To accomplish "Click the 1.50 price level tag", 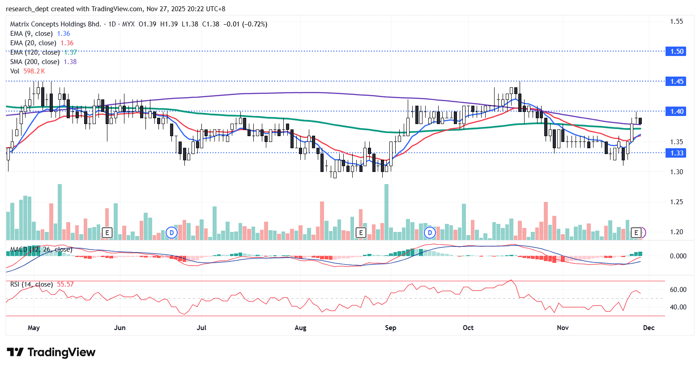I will pyautogui.click(x=677, y=51).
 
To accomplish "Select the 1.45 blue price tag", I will pyautogui.click(x=677, y=81).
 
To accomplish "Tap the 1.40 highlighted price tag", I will pyautogui.click(x=677, y=111).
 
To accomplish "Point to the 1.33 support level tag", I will pyautogui.click(x=677, y=153).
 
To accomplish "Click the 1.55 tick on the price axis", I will pyautogui.click(x=676, y=21).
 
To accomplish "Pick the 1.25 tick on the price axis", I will pyautogui.click(x=676, y=202).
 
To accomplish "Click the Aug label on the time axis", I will pyautogui.click(x=300, y=328).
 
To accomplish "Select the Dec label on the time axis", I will pyautogui.click(x=649, y=328).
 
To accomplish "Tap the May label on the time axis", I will pyautogui.click(x=34, y=328).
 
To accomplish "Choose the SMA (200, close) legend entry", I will pyautogui.click(x=34, y=62).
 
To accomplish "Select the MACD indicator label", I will pyautogui.click(x=41, y=249).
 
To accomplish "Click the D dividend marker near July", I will pyautogui.click(x=171, y=232).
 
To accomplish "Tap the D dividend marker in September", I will pyautogui.click(x=430, y=232).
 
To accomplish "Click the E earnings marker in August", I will pyautogui.click(x=360, y=232).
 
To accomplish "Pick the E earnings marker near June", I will pyautogui.click(x=107, y=232).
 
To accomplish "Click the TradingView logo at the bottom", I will pyautogui.click(x=51, y=352).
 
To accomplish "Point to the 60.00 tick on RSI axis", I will pyautogui.click(x=678, y=290).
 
